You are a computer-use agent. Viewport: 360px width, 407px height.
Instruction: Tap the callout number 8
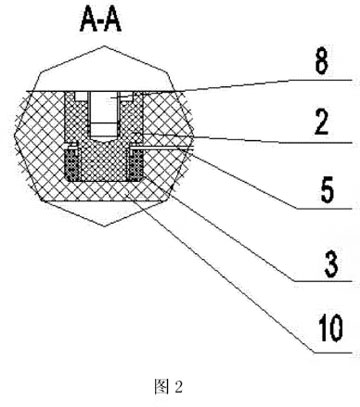click(x=322, y=62)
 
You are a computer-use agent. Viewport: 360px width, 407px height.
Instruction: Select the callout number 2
click(x=322, y=123)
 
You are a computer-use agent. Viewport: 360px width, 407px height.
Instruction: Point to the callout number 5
click(x=327, y=190)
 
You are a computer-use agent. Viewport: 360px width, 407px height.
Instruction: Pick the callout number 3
click(x=331, y=264)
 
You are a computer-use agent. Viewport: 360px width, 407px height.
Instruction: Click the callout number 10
click(x=330, y=328)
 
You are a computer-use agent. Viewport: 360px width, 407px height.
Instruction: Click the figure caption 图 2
click(x=169, y=387)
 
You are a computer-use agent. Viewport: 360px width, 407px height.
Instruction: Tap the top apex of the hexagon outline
click(x=105, y=46)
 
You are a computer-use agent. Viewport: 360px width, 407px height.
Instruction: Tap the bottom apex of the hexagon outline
click(x=104, y=227)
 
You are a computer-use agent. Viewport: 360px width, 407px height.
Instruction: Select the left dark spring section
click(x=71, y=164)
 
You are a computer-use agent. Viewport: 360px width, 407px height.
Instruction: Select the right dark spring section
click(x=136, y=164)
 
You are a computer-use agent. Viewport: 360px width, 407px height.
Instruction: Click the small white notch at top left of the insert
click(x=80, y=96)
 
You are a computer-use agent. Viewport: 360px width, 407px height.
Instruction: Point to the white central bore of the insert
click(x=104, y=113)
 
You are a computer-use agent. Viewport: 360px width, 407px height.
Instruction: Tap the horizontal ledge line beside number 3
click(x=323, y=281)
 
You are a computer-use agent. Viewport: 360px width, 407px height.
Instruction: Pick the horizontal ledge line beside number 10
click(x=332, y=352)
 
